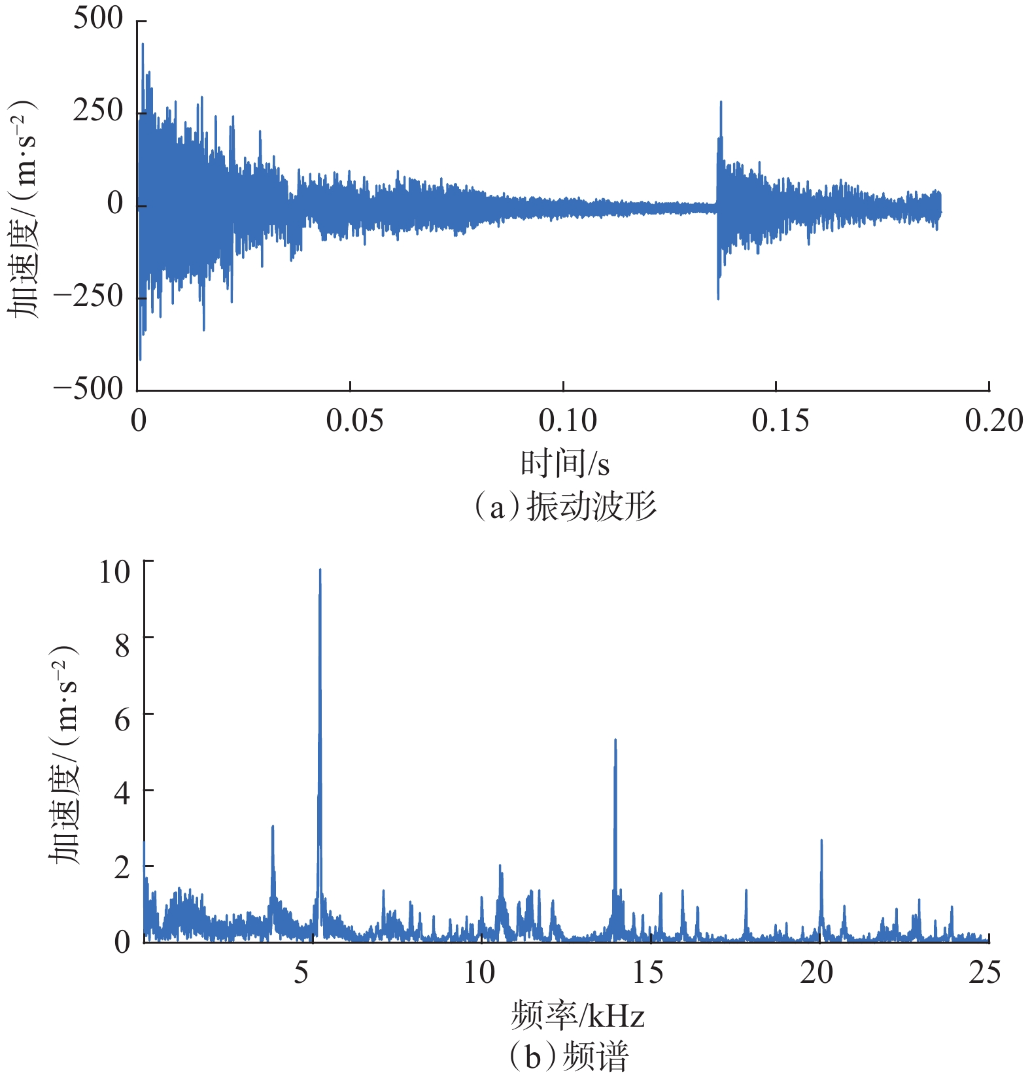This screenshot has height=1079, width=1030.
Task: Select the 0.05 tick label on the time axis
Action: click(x=354, y=420)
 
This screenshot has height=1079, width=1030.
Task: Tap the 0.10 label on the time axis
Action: click(x=567, y=420)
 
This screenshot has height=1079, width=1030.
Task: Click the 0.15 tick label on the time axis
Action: click(x=780, y=420)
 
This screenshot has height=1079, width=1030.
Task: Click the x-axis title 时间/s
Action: click(x=565, y=464)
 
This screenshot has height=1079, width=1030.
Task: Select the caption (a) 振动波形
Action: click(x=565, y=507)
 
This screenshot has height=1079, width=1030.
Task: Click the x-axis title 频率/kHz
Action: click(x=577, y=1016)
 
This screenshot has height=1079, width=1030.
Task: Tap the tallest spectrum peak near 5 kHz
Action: click(x=320, y=572)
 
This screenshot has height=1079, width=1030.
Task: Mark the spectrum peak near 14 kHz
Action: click(x=615, y=742)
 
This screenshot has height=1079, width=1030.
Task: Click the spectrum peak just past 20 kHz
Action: click(x=821, y=842)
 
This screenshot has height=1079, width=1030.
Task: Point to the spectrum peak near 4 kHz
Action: click(x=273, y=828)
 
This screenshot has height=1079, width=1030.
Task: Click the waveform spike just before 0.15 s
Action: click(x=721, y=103)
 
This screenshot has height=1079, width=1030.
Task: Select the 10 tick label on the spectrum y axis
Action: click(x=114, y=572)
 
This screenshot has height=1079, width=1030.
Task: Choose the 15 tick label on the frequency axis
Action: click(x=647, y=973)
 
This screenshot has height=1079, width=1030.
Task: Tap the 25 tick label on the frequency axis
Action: click(x=984, y=973)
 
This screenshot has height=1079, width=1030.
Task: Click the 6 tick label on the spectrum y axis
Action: click(x=122, y=720)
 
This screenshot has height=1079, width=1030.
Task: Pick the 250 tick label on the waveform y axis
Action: click(x=98, y=111)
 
